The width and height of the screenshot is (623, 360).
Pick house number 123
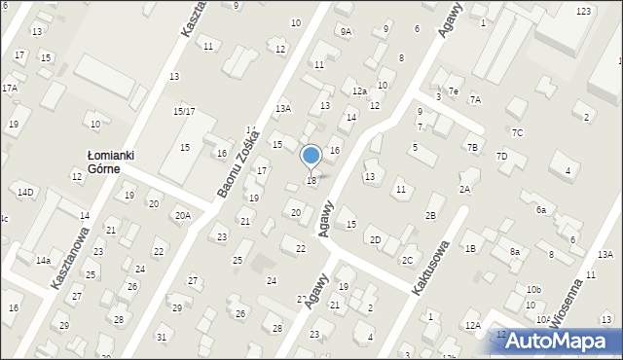coord(583,11)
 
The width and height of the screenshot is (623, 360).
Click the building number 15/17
coord(184,112)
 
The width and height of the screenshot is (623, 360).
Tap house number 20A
coord(182,215)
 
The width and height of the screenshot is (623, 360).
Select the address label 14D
coord(25,193)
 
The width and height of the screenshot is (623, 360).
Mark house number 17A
coord(9,89)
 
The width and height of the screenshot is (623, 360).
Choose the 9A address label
coord(346,31)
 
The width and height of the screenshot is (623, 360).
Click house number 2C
coord(408,260)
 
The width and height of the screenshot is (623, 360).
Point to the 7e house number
coord(453,90)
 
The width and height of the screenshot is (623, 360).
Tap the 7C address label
coord(518,132)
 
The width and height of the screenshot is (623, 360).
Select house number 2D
coord(375,239)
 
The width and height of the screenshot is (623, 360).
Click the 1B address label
coord(470,248)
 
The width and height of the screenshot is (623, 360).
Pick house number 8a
coord(515,252)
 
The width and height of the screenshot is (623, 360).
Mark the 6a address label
coord(540,209)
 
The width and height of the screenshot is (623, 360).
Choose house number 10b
coord(533,290)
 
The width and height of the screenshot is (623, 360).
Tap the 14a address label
coord(43,261)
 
